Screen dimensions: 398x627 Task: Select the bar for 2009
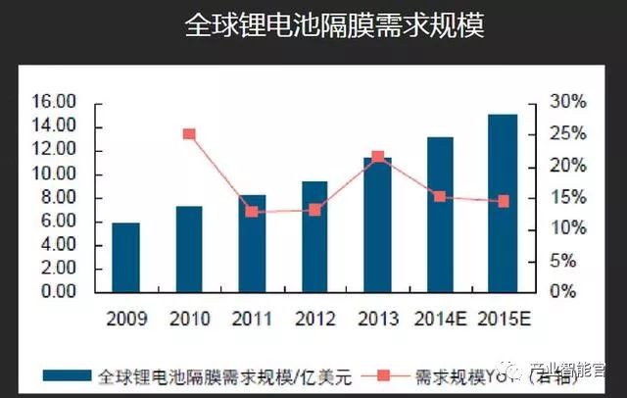coord(125,257)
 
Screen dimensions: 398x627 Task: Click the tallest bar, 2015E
coord(503,203)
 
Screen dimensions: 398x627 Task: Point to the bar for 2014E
coord(440,214)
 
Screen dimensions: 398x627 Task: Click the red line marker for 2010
coord(189,134)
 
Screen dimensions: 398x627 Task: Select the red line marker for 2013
coord(378,157)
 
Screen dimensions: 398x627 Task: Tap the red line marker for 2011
coord(252,212)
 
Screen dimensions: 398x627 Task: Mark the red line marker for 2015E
coord(504,201)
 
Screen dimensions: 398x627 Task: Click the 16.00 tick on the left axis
coord(54,103)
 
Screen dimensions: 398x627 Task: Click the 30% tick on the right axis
coord(567,103)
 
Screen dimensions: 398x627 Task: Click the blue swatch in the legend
coord(69,375)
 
